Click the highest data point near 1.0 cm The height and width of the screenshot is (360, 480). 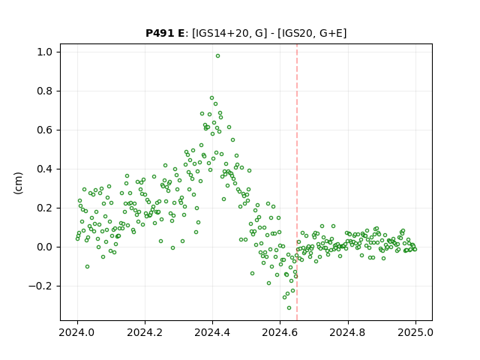pyautogui.click(x=217, y=56)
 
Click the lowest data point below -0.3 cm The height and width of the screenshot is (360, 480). pyautogui.click(x=289, y=308)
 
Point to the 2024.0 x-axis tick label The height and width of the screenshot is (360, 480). pyautogui.click(x=77, y=332)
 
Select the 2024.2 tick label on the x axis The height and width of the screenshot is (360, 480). pyautogui.click(x=145, y=332)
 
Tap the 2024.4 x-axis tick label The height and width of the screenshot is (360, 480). pyautogui.click(x=212, y=332)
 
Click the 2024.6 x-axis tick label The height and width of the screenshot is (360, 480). pyautogui.click(x=280, y=332)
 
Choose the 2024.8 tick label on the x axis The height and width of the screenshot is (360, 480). pyautogui.click(x=348, y=332)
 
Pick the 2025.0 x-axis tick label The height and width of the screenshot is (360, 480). pyautogui.click(x=415, y=332)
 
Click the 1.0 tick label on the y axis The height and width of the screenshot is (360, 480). pyautogui.click(x=45, y=52)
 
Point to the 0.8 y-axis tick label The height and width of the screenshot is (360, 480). pyautogui.click(x=45, y=91)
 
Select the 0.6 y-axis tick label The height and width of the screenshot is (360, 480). pyautogui.click(x=45, y=130)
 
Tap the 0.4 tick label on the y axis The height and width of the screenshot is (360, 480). pyautogui.click(x=45, y=169)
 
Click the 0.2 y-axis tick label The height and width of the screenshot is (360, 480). pyautogui.click(x=45, y=208)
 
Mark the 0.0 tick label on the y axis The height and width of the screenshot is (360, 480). pyautogui.click(x=45, y=247)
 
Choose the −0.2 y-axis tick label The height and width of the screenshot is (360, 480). pyautogui.click(x=40, y=286)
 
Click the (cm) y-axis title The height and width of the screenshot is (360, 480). pyautogui.click(x=18, y=183)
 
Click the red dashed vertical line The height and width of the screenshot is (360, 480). pyautogui.click(x=297, y=182)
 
